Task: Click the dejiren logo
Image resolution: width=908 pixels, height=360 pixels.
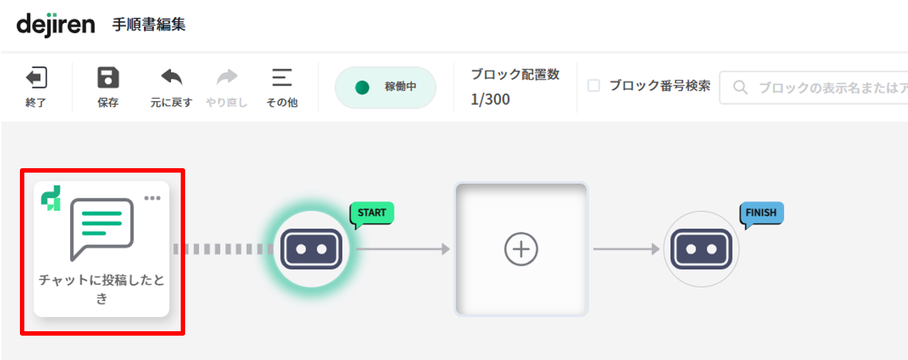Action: tap(55, 25)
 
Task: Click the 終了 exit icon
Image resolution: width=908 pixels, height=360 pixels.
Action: tap(36, 77)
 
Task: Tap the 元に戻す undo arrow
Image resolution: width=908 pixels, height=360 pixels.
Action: tap(171, 77)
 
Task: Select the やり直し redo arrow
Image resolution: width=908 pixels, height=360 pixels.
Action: tap(226, 77)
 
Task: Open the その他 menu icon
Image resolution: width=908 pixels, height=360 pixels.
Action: tap(282, 77)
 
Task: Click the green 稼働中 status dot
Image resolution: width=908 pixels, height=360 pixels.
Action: tap(362, 88)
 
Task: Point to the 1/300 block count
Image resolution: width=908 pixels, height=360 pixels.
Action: tap(490, 100)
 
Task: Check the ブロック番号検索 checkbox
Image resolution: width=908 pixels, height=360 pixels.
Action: tap(594, 86)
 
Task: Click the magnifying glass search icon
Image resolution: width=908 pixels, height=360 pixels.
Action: tap(740, 87)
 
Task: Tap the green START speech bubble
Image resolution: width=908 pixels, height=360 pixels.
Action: tap(372, 214)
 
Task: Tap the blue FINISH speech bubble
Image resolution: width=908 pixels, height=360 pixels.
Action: tap(761, 214)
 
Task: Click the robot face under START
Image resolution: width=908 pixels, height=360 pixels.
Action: tap(311, 249)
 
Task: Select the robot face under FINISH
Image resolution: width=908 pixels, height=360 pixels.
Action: tap(701, 249)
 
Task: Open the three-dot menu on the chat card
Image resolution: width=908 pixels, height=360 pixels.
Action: tap(153, 198)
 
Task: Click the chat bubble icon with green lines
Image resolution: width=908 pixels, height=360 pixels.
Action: tap(102, 229)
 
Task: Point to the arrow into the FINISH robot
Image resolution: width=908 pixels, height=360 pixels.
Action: tap(627, 249)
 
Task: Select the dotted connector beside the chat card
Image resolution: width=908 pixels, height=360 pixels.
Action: tap(223, 249)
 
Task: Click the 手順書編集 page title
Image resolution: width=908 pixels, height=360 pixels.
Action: tap(149, 25)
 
